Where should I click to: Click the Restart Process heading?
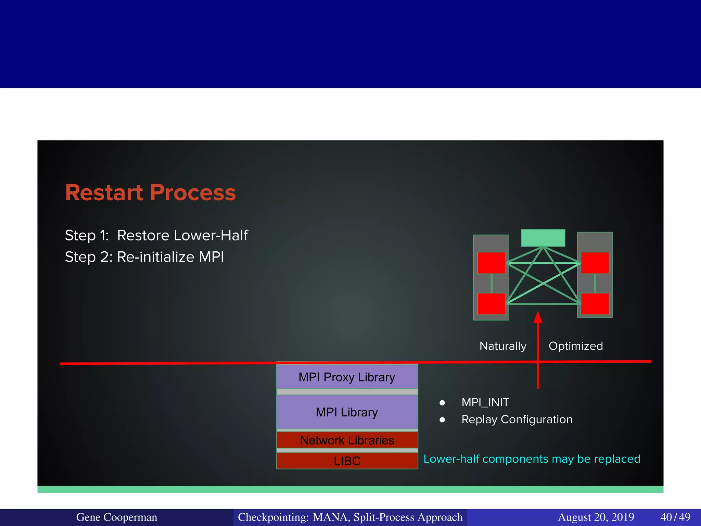tap(150, 192)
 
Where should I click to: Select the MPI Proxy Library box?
tap(347, 377)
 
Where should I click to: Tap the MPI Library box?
tap(347, 412)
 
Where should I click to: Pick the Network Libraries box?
tap(347, 440)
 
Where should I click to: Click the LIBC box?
tap(347, 461)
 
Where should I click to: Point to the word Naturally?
tap(503, 346)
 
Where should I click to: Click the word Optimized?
tap(576, 346)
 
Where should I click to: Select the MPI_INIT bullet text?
tap(485, 402)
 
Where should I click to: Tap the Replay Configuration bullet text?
tap(517, 419)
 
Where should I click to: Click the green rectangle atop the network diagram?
tap(543, 238)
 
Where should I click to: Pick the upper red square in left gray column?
tap(492, 263)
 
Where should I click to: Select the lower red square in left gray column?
tap(492, 304)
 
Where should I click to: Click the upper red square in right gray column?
tap(595, 263)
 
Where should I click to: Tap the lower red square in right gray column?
tap(595, 304)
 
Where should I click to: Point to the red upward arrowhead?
tap(538, 317)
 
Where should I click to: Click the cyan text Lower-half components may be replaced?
tap(532, 459)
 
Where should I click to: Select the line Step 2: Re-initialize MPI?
tap(144, 257)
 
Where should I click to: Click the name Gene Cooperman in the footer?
tap(116, 517)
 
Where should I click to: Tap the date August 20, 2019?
tap(596, 517)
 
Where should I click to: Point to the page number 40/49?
tap(675, 517)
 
